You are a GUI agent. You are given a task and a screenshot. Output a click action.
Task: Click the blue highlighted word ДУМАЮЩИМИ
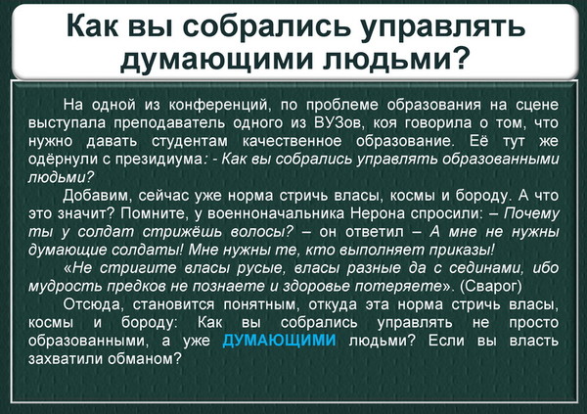279,341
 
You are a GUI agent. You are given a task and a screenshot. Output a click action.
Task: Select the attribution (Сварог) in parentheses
490,286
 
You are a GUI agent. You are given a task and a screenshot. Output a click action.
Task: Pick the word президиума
159,160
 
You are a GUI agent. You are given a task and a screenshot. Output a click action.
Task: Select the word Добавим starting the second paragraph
97,196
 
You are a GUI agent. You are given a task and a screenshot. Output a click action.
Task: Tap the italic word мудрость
66,287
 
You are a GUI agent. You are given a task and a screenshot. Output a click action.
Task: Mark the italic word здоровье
317,287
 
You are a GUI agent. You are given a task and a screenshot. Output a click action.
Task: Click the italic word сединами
485,268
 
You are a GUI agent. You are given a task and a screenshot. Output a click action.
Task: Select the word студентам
190,142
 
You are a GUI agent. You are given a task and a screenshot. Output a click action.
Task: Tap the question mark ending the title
460,57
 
